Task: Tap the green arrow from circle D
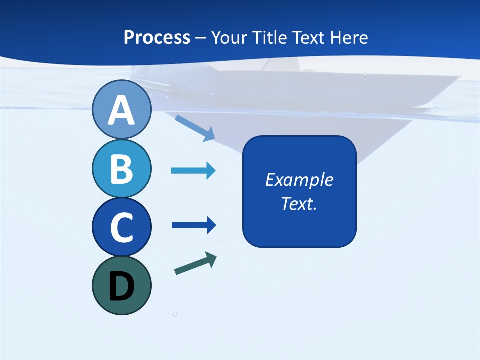195,263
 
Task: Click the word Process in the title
157,38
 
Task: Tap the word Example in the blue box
299,180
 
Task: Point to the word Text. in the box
299,203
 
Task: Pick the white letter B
121,169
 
